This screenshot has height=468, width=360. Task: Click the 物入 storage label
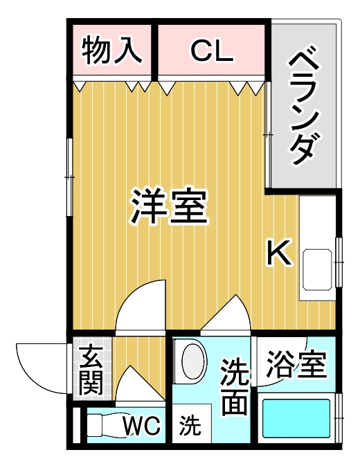tap(112, 51)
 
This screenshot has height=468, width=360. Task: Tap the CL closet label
tap(211, 51)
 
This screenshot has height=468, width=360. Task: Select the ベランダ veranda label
tap(302, 107)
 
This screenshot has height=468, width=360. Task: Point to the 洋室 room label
tap(169, 206)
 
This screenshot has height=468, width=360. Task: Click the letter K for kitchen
tap(279, 252)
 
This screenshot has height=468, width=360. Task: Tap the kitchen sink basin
tap(317, 270)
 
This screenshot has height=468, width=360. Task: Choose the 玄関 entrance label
tap(91, 370)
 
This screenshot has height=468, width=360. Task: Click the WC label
tap(141, 425)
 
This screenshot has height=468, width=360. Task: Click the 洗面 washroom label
tap(235, 386)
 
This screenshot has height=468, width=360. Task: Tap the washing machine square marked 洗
tap(192, 423)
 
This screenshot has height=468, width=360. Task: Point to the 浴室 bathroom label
tap(296, 364)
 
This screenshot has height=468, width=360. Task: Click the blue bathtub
tap(296, 418)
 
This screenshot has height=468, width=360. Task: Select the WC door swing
tap(140, 383)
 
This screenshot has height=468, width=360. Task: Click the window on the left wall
tap(69, 177)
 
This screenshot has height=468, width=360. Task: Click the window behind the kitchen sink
tap(339, 262)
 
